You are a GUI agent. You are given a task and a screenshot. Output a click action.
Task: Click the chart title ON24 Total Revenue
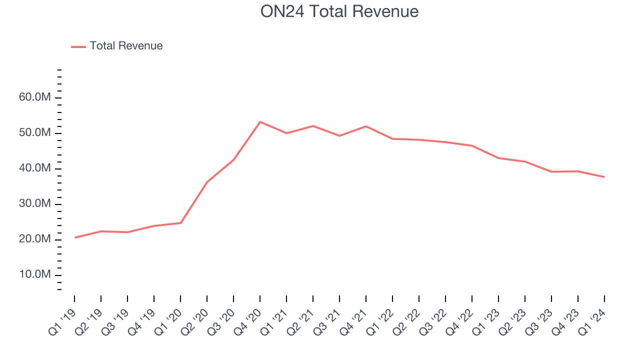tap(339, 11)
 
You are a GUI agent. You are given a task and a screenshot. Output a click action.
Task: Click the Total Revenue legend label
tap(126, 46)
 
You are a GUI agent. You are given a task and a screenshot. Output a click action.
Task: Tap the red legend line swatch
tap(78, 46)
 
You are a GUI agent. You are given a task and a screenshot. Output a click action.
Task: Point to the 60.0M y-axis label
tap(34, 97)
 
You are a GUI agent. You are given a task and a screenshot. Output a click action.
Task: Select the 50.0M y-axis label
tap(34, 133)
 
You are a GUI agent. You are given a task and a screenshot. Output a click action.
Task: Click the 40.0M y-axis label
tap(34, 168)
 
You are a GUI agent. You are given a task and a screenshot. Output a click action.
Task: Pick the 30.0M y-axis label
tap(34, 204)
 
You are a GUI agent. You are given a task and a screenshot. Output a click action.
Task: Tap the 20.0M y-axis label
tap(34, 239)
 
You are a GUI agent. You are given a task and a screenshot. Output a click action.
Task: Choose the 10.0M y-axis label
tap(34, 275)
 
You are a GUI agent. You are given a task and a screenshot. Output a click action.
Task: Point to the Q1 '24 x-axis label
tap(593, 318)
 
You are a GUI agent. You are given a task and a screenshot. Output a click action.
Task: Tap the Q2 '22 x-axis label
tap(407, 318)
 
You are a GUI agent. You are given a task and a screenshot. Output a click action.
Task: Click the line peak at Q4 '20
tap(260, 121)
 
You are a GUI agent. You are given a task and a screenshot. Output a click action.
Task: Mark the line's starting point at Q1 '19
tap(74, 237)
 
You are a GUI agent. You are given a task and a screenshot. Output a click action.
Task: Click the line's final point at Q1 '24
tap(604, 177)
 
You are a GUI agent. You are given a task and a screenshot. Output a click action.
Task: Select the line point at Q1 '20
tap(180, 223)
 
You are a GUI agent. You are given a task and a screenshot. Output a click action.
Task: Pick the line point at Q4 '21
tap(366, 126)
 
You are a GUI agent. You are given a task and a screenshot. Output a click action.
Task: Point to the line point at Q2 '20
tap(207, 181)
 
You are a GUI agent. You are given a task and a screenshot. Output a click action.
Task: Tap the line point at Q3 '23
tap(551, 171)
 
